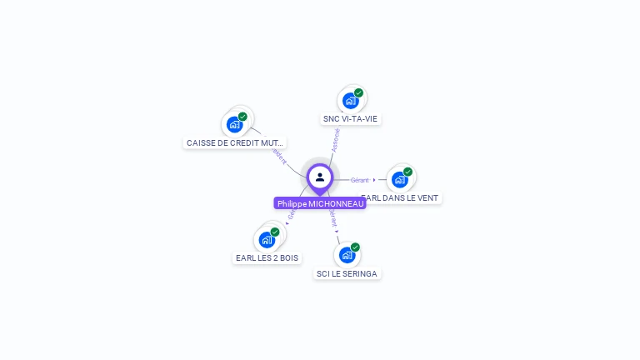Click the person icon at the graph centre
(x=320, y=177)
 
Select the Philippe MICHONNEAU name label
(x=320, y=203)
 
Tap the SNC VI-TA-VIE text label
(x=350, y=119)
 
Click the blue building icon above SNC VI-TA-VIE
(x=350, y=101)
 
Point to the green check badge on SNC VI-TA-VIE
(x=358, y=92)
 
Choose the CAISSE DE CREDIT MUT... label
(x=235, y=143)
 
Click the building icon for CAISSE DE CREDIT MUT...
(x=235, y=125)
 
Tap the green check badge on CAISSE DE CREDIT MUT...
(x=242, y=117)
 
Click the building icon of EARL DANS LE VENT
(x=400, y=180)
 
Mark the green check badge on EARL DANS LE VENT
(x=407, y=172)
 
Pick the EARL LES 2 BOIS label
(x=267, y=258)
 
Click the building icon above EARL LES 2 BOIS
(x=267, y=240)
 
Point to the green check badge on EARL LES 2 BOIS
(x=275, y=232)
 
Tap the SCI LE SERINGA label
(x=347, y=273)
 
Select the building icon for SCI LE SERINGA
(x=347, y=255)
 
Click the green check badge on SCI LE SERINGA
(x=355, y=247)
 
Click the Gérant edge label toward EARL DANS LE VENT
(x=359, y=180)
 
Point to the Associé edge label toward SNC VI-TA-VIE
(x=336, y=139)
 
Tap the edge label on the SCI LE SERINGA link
(x=333, y=219)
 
